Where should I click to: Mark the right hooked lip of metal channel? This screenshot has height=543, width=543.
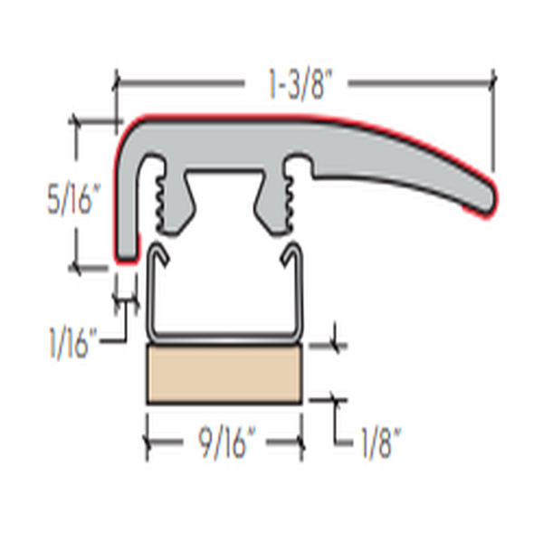pos(294,254)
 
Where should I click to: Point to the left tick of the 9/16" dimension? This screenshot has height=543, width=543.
pos(147,443)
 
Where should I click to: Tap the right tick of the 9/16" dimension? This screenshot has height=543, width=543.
pos(302,443)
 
